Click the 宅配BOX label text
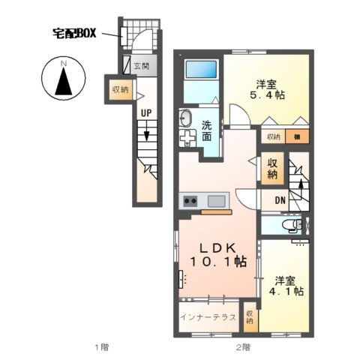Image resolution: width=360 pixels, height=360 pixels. tap(75, 33)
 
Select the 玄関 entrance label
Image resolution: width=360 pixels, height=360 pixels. tap(141, 66)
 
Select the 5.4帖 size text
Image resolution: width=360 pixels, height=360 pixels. tap(265, 95)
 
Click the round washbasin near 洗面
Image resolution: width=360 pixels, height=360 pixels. tap(186, 118)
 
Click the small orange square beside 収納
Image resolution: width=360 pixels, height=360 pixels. tap(298, 136)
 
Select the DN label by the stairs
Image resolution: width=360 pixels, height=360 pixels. tap(279, 199)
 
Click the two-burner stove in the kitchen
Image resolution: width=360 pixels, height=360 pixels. tap(189, 200)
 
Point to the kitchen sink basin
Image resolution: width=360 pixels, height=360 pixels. tap(217, 200)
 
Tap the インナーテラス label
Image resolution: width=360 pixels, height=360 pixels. tap(208, 317)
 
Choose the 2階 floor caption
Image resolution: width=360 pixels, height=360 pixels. tap(241, 346)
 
